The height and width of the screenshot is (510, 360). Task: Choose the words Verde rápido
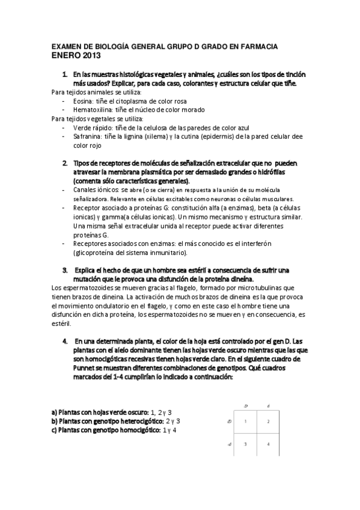[91, 127]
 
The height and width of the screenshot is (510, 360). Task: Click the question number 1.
[65, 75]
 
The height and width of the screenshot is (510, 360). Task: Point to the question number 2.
[65, 163]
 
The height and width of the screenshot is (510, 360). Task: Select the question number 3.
[65, 270]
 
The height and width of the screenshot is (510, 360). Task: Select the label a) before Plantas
[54, 413]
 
